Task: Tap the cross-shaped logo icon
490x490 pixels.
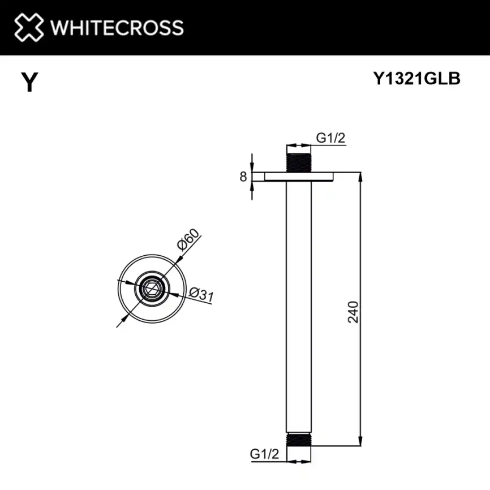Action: point(28,27)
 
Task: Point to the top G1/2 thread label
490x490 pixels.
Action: point(330,138)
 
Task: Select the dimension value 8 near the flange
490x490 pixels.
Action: point(243,177)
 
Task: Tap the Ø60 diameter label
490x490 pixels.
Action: point(188,241)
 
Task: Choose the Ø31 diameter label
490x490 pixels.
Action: point(200,295)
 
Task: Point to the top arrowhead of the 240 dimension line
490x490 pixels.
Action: point(360,176)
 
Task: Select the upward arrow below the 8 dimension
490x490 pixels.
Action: point(252,187)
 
